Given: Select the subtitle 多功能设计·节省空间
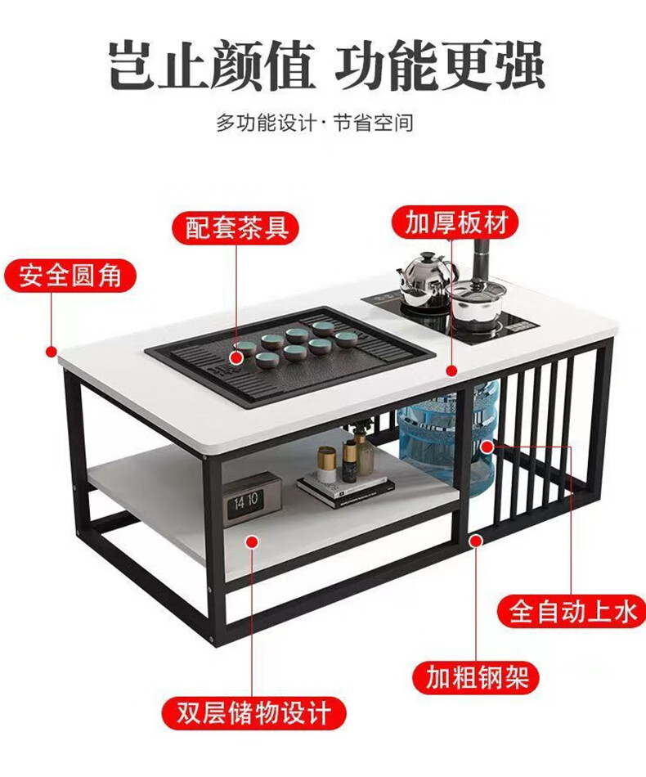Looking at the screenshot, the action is click(315, 124).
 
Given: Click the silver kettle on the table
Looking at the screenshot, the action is click(423, 276).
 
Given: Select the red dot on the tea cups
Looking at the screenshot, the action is click(236, 357).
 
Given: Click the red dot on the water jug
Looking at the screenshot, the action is click(487, 447).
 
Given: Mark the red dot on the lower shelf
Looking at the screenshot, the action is click(253, 540).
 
